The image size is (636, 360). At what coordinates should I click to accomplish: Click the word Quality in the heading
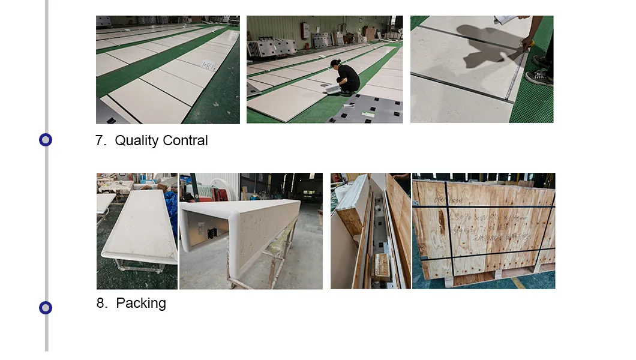pos(137,141)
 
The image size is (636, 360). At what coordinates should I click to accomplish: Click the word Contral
pos(185,141)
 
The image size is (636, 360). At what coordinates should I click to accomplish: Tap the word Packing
pos(141,304)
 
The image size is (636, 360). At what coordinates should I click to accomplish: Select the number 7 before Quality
pos(100,141)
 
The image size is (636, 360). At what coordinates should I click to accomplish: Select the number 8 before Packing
pos(101,304)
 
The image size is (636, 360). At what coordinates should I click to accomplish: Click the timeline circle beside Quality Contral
pos(46,140)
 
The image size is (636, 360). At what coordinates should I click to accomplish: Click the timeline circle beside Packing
pos(46,308)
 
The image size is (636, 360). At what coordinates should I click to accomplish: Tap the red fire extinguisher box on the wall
pos(305,29)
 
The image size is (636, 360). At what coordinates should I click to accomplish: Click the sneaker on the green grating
pos(539,77)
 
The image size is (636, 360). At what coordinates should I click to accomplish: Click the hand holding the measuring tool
pos(527,43)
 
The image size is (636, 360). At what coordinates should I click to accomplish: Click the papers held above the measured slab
pos(506,20)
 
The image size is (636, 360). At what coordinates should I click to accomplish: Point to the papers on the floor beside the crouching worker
pos(332,89)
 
